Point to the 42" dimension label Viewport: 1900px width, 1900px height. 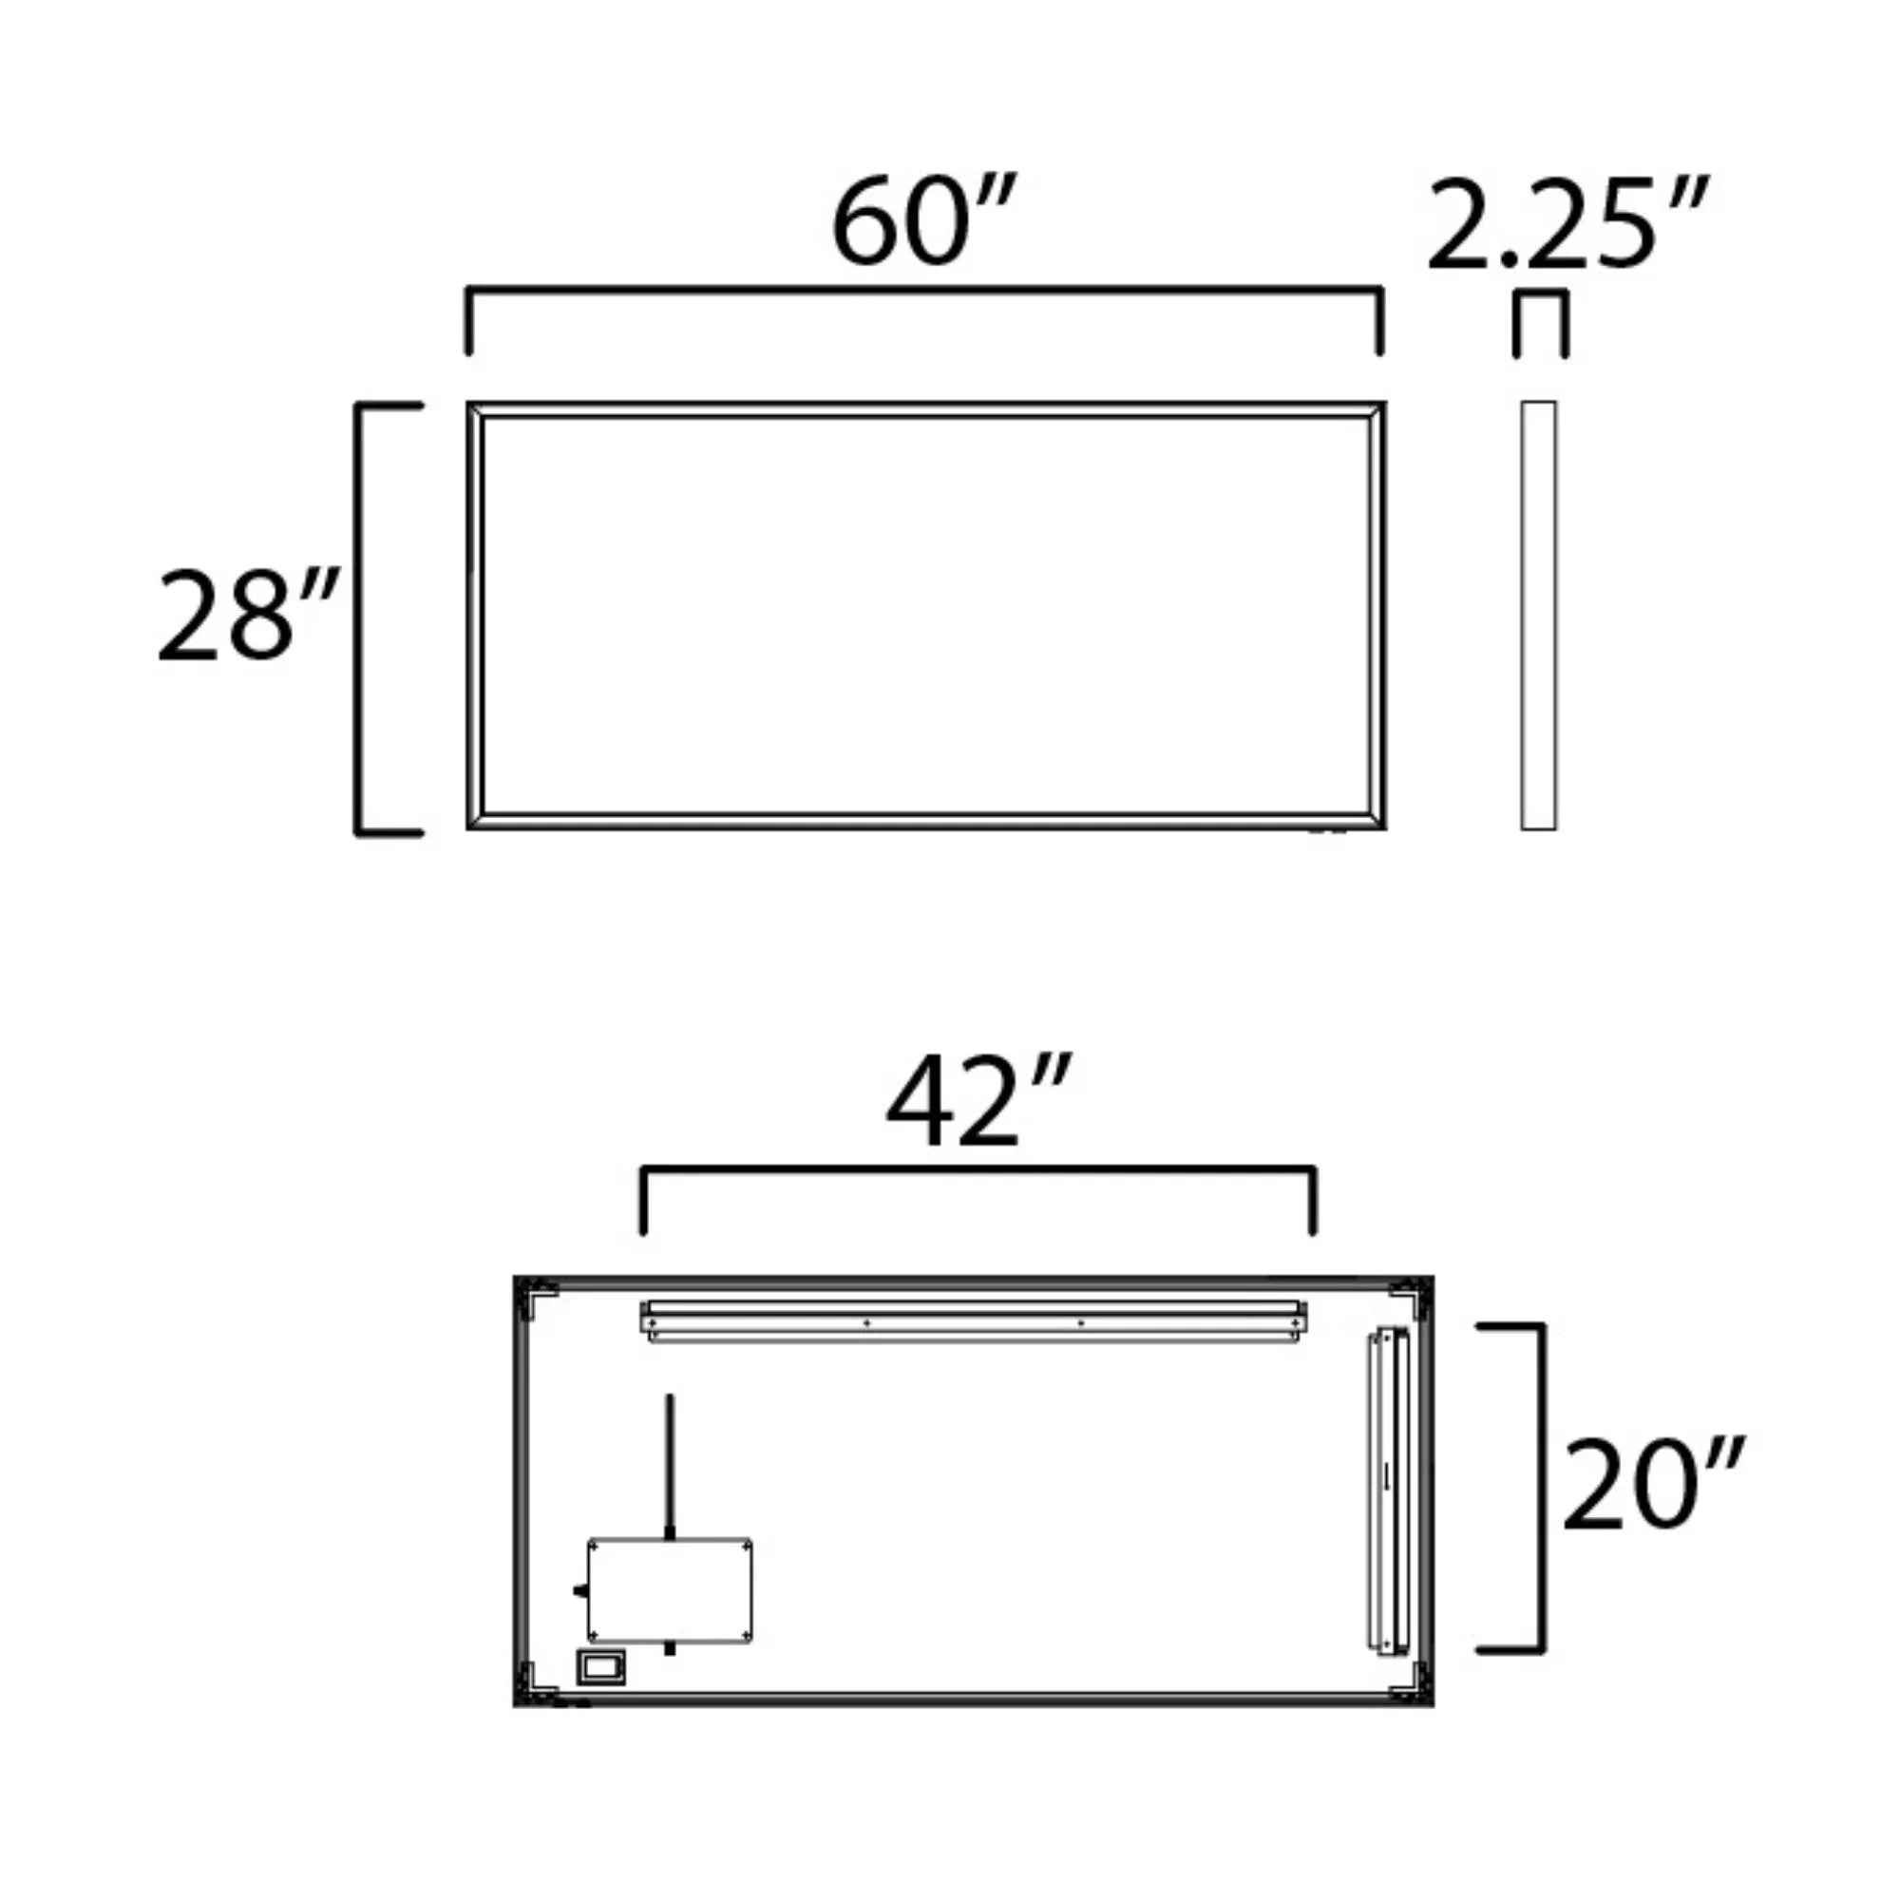(x=976, y=1102)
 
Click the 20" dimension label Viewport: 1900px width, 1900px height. (x=1652, y=1485)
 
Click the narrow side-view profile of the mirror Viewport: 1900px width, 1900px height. (x=1538, y=616)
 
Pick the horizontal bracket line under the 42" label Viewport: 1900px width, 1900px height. (x=978, y=1170)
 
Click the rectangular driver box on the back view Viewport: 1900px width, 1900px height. (x=670, y=1590)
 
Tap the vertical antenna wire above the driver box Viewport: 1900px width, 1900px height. (x=670, y=1464)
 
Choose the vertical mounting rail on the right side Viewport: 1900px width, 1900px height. (x=1391, y=1488)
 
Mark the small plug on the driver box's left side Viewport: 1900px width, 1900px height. (x=579, y=1590)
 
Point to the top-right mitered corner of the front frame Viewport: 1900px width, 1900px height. (x=1377, y=411)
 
